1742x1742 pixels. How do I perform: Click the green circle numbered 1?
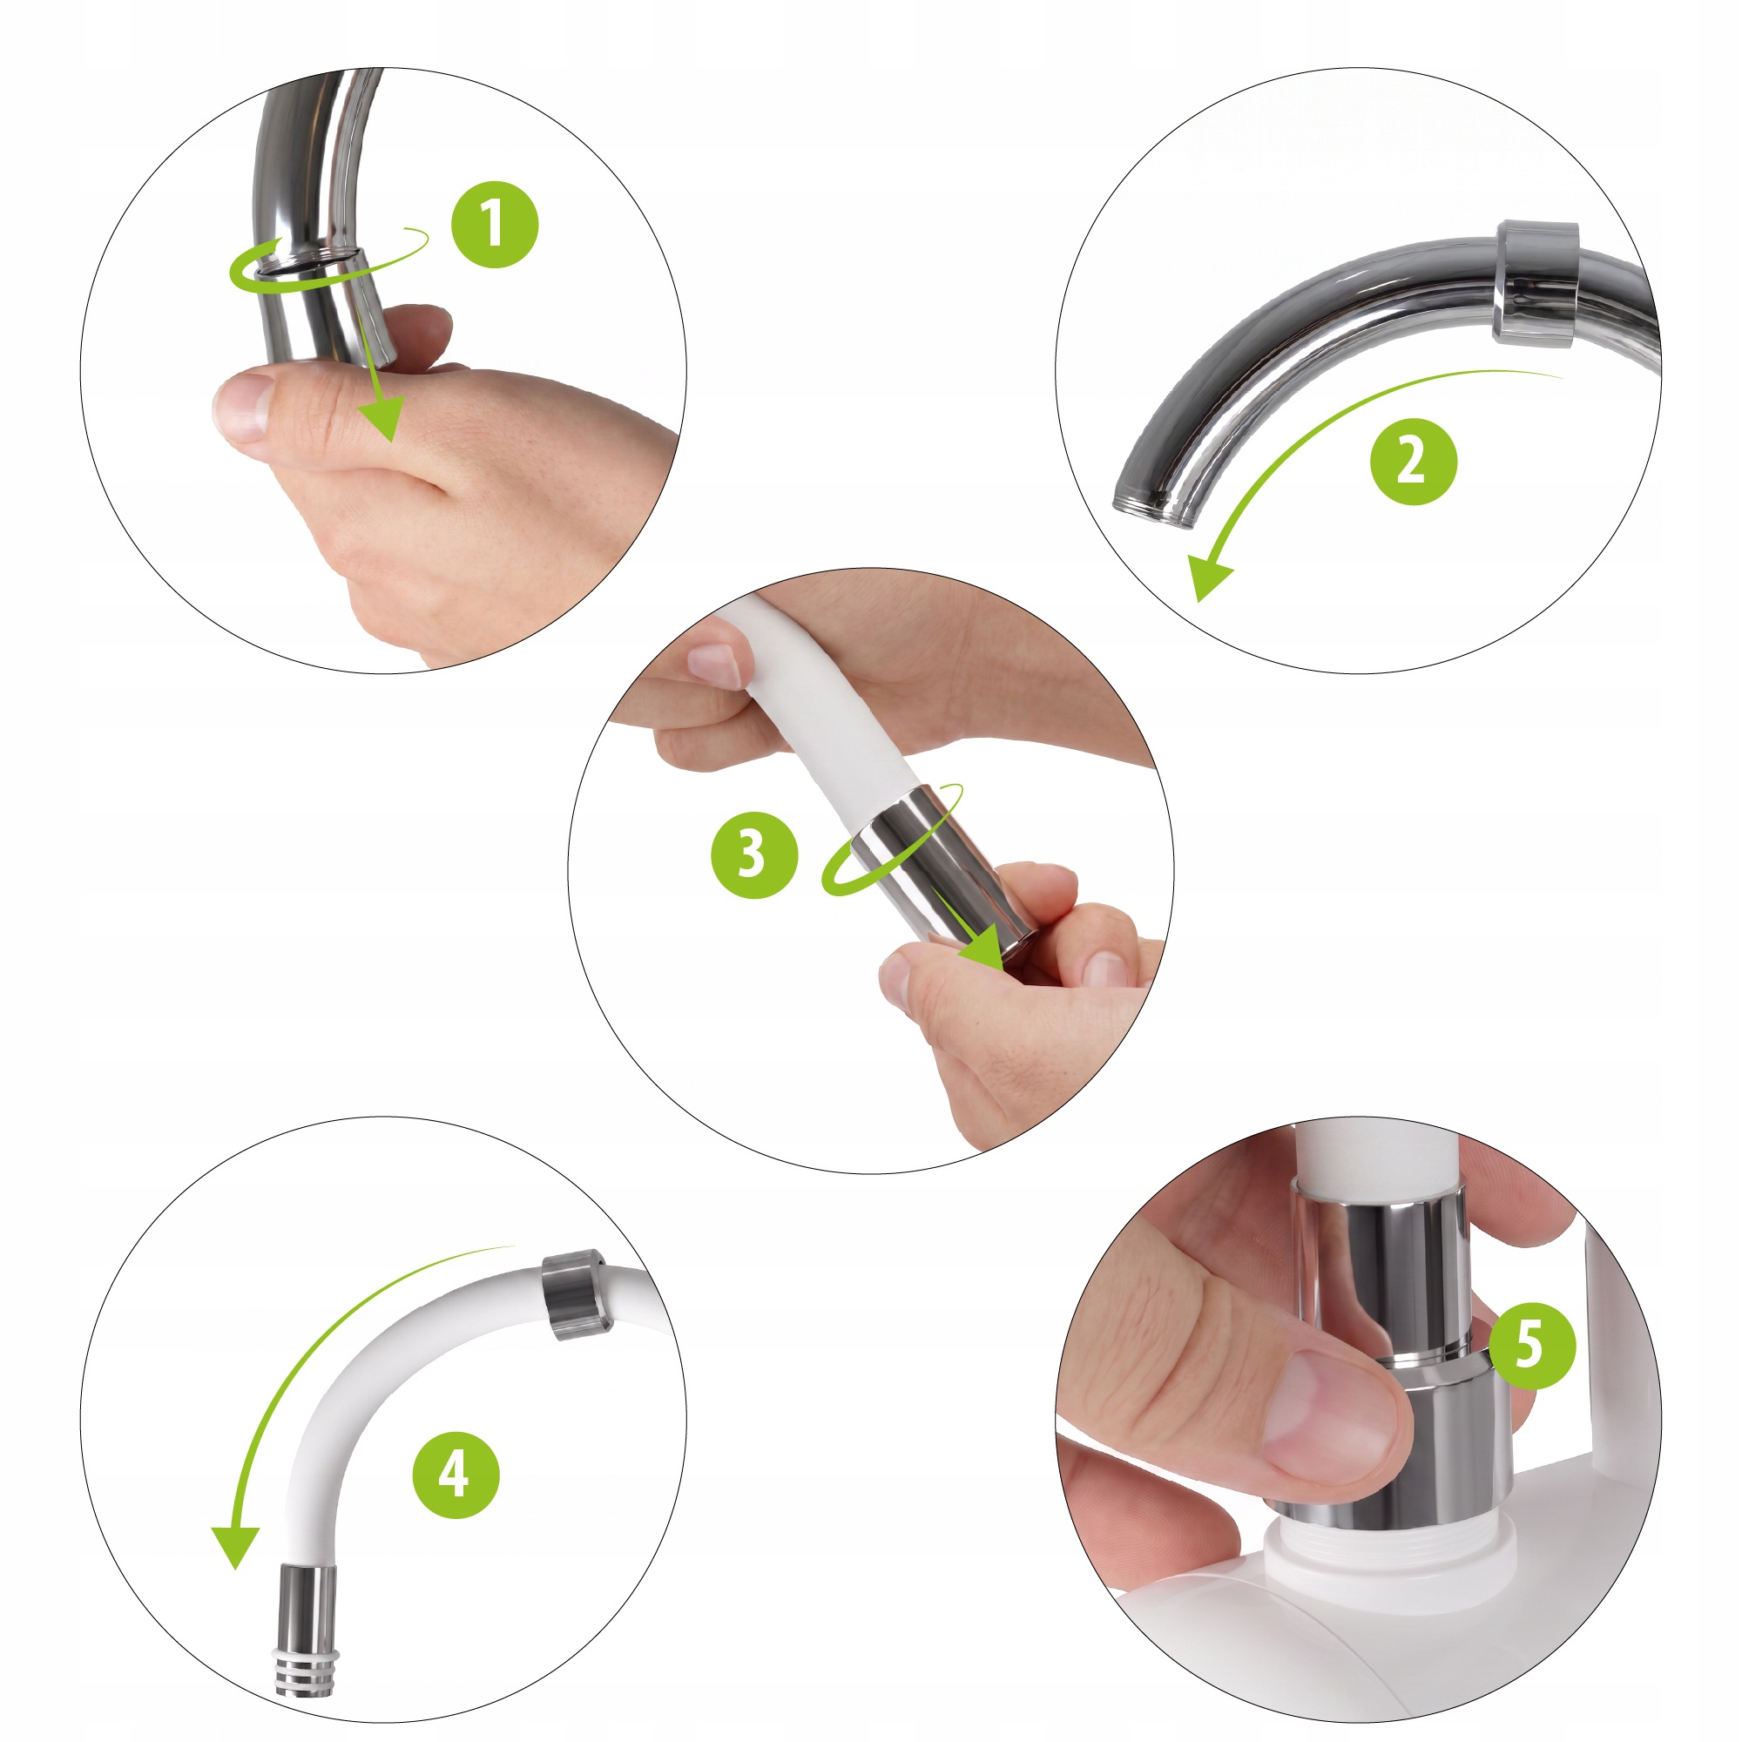coord(495,225)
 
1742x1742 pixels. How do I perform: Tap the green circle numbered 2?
coord(1413,461)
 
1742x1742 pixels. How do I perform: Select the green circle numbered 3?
coord(754,854)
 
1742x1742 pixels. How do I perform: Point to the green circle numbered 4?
coord(456,1475)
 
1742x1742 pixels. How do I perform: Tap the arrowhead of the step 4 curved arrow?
coord(235,1547)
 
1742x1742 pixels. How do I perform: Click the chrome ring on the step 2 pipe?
coord(1536,282)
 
